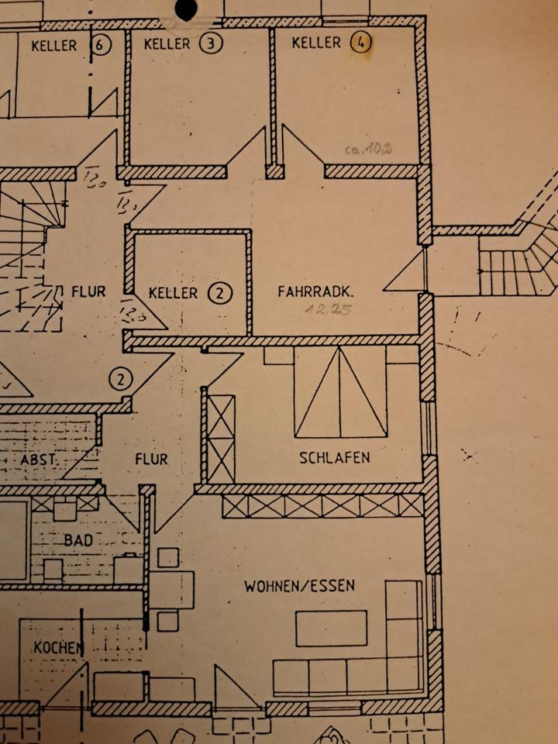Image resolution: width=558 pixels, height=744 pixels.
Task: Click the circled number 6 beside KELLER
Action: [100, 45]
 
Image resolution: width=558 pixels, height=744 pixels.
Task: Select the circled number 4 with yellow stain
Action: [360, 43]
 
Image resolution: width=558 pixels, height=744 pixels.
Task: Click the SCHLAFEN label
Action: [335, 457]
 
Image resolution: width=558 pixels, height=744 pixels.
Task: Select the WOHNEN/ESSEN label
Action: [300, 585]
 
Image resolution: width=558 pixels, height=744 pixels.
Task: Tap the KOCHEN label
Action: [58, 647]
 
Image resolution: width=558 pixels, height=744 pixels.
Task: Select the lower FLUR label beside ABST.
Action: [151, 459]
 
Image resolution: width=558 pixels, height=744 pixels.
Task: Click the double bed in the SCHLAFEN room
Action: [339, 392]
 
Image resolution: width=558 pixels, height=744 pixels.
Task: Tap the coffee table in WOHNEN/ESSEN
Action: [332, 628]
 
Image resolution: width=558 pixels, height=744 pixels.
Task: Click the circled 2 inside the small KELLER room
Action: [221, 293]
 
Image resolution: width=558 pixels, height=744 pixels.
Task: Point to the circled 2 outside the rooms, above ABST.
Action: [122, 379]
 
